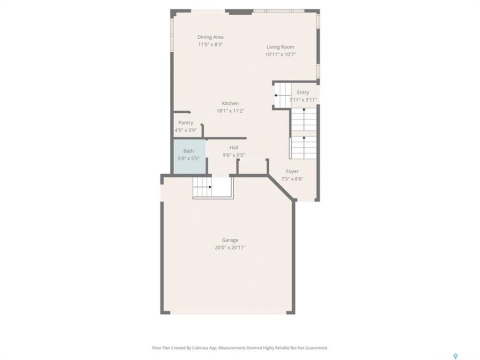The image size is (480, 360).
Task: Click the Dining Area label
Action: (210, 37)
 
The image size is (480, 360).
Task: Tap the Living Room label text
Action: (280, 47)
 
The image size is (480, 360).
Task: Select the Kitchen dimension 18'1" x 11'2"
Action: (230, 111)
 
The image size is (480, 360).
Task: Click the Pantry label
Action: (186, 123)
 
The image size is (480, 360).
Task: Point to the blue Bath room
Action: (190, 156)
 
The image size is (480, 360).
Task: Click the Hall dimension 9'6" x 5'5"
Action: (234, 155)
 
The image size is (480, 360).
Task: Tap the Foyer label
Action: (292, 171)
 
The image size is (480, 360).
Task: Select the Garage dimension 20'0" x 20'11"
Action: (230, 247)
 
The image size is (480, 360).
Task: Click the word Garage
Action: (230, 240)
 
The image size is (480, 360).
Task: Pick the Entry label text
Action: (303, 92)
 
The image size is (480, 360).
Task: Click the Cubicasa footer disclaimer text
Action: (240, 348)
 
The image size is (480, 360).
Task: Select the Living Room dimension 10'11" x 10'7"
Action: (280, 55)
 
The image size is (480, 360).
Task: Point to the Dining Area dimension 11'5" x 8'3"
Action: (210, 44)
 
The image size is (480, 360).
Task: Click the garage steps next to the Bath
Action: (202, 187)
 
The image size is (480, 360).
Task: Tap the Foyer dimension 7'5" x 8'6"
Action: (292, 179)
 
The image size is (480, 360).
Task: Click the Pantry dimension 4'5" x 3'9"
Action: (186, 130)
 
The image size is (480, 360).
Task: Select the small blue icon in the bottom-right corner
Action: (455, 356)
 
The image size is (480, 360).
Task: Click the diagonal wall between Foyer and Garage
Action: (281, 187)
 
